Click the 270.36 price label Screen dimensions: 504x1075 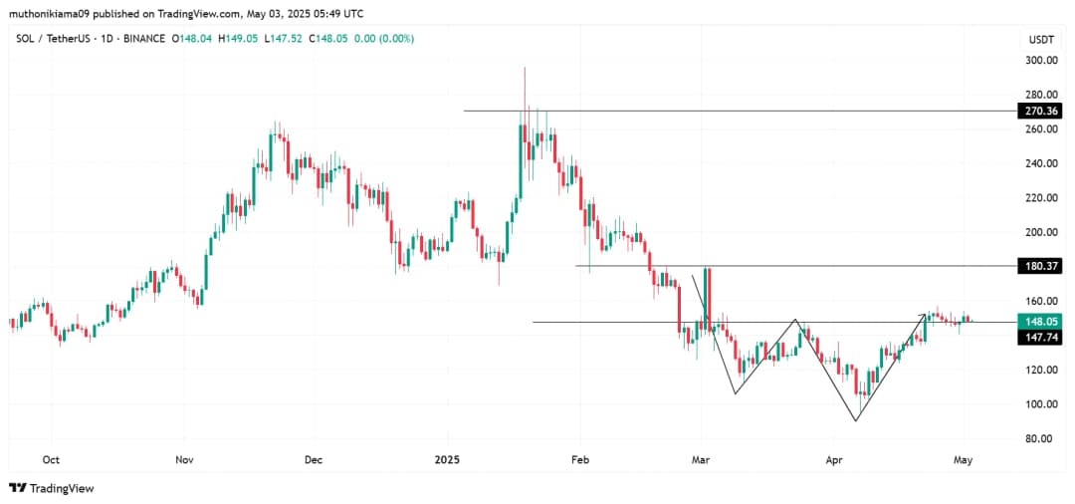tap(1040, 112)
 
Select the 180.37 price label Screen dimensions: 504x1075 tap(1040, 266)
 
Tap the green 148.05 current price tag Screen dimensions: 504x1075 tap(1040, 322)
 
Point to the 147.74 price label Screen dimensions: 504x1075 tap(1040, 338)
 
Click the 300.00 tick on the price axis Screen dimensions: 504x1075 tap(1040, 61)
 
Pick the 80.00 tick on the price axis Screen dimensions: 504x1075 tap(1040, 438)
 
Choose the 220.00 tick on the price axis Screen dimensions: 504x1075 tap(1040, 197)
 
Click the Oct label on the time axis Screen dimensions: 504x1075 tap(52, 460)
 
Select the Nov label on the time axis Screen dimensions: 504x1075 tap(183, 460)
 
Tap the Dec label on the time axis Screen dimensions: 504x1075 tap(314, 460)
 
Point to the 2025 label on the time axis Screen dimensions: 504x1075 tap(448, 460)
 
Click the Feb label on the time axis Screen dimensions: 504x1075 tap(580, 460)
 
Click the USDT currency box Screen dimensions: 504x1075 tap(1040, 40)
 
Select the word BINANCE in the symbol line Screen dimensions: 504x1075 tap(141, 39)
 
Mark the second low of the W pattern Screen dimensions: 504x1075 tap(856, 420)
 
